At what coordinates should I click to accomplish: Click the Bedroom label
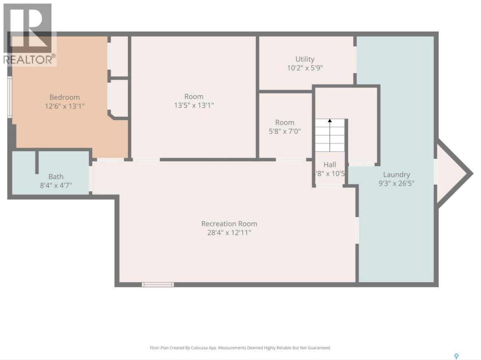65,98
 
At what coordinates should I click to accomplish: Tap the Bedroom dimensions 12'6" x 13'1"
65,106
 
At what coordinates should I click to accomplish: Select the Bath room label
56,177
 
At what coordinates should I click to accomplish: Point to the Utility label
305,59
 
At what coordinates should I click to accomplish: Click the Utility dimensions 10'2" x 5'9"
305,68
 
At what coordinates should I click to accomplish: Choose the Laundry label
396,174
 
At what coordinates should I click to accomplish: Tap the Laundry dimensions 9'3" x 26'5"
396,183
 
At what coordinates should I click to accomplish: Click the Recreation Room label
229,224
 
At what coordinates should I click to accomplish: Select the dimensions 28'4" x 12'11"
229,233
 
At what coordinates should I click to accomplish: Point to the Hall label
329,165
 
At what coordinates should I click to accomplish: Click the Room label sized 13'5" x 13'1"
194,97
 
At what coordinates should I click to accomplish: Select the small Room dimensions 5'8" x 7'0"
284,131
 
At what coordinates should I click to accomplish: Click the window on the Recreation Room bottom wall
158,284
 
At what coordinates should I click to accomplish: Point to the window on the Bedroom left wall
9,98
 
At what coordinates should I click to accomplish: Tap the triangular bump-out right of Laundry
450,173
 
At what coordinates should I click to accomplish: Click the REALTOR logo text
29,59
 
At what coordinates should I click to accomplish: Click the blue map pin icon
456,356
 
